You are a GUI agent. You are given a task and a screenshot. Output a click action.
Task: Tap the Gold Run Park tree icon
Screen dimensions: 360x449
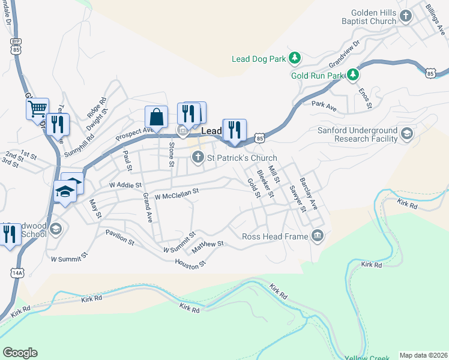pyautogui.click(x=354, y=75)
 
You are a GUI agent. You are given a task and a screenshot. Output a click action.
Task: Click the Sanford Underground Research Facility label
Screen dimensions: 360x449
pyautogui.click(x=360, y=134)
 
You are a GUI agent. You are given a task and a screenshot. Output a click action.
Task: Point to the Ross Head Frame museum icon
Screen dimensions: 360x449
pyautogui.click(x=317, y=236)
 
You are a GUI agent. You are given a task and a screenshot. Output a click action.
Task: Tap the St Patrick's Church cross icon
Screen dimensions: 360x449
pyautogui.click(x=197, y=158)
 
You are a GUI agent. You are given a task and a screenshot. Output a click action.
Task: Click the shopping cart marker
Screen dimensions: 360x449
pyautogui.click(x=37, y=108)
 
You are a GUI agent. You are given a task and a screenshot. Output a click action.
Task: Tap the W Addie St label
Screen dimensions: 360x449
pyautogui.click(x=125, y=185)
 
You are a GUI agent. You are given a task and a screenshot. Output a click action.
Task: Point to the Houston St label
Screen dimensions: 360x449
pyautogui.click(x=190, y=263)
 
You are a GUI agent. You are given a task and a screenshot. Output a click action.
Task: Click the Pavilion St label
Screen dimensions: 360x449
pyautogui.click(x=119, y=236)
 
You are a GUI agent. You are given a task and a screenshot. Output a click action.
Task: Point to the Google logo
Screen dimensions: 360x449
pyautogui.click(x=20, y=353)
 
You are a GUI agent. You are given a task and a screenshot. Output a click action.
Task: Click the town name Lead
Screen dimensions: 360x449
pyautogui.click(x=211, y=131)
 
